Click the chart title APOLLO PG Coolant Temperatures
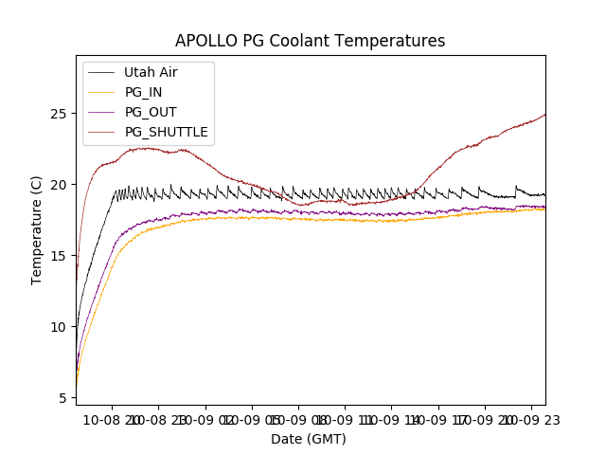tap(310, 41)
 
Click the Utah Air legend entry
tap(151, 72)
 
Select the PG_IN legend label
tap(143, 92)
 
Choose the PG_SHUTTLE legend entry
tap(166, 132)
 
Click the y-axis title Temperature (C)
tap(38, 230)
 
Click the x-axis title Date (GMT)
tap(309, 439)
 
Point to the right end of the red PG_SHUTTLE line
tap(544, 115)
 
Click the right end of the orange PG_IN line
tap(544, 209)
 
